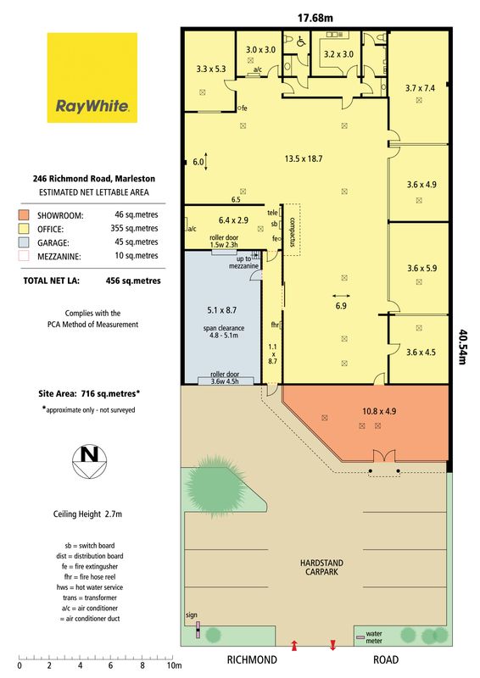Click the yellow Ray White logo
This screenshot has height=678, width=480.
pos(92,78)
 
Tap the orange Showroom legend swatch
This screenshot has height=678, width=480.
pos(24,215)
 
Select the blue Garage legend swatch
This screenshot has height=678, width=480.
pos(24,242)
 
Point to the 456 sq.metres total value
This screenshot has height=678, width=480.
pos(133,281)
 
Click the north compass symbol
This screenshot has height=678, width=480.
pos(90,461)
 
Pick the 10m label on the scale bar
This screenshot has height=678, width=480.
pos(175,665)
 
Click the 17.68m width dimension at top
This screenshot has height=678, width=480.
pos(315,18)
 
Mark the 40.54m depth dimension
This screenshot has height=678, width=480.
pos(462,347)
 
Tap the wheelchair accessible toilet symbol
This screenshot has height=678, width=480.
pos(301,41)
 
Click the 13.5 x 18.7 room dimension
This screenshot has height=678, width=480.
pos(304,158)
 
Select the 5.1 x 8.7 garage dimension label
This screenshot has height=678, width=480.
pos(221,310)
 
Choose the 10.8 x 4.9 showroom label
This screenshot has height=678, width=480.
pos(379,411)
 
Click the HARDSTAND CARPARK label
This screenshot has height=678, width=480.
pos(321,567)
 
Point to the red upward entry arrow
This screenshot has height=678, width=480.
pos(294,646)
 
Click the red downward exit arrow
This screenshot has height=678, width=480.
pos(332,645)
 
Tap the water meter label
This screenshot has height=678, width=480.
pos(374,637)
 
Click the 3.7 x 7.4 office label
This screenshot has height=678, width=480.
pos(420,88)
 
